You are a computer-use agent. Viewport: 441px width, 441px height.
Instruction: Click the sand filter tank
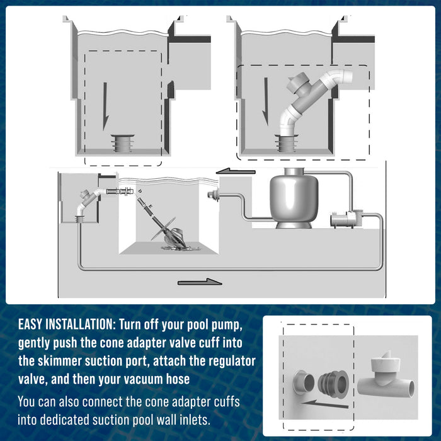(294, 198)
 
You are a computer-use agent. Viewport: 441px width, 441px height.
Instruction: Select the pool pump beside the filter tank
(346, 219)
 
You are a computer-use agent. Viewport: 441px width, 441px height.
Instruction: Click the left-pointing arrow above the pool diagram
(236, 171)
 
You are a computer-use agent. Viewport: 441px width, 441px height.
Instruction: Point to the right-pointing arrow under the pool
(200, 282)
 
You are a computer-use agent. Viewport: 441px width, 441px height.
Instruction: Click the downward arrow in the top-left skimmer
(105, 106)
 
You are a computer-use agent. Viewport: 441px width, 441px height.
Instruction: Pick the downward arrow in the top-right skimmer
(265, 102)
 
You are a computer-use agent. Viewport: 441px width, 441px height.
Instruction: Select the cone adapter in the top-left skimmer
(122, 144)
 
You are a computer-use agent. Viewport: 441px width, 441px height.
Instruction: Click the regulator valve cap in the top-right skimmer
(299, 81)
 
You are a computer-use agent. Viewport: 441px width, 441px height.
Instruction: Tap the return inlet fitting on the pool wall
(212, 194)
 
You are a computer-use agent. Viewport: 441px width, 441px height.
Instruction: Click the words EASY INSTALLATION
(66, 324)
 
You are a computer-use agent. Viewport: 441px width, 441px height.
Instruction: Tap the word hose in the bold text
(178, 379)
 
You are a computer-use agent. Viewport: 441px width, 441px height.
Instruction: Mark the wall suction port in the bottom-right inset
(304, 382)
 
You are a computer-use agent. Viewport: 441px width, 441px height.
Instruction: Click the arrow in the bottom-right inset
(324, 404)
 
